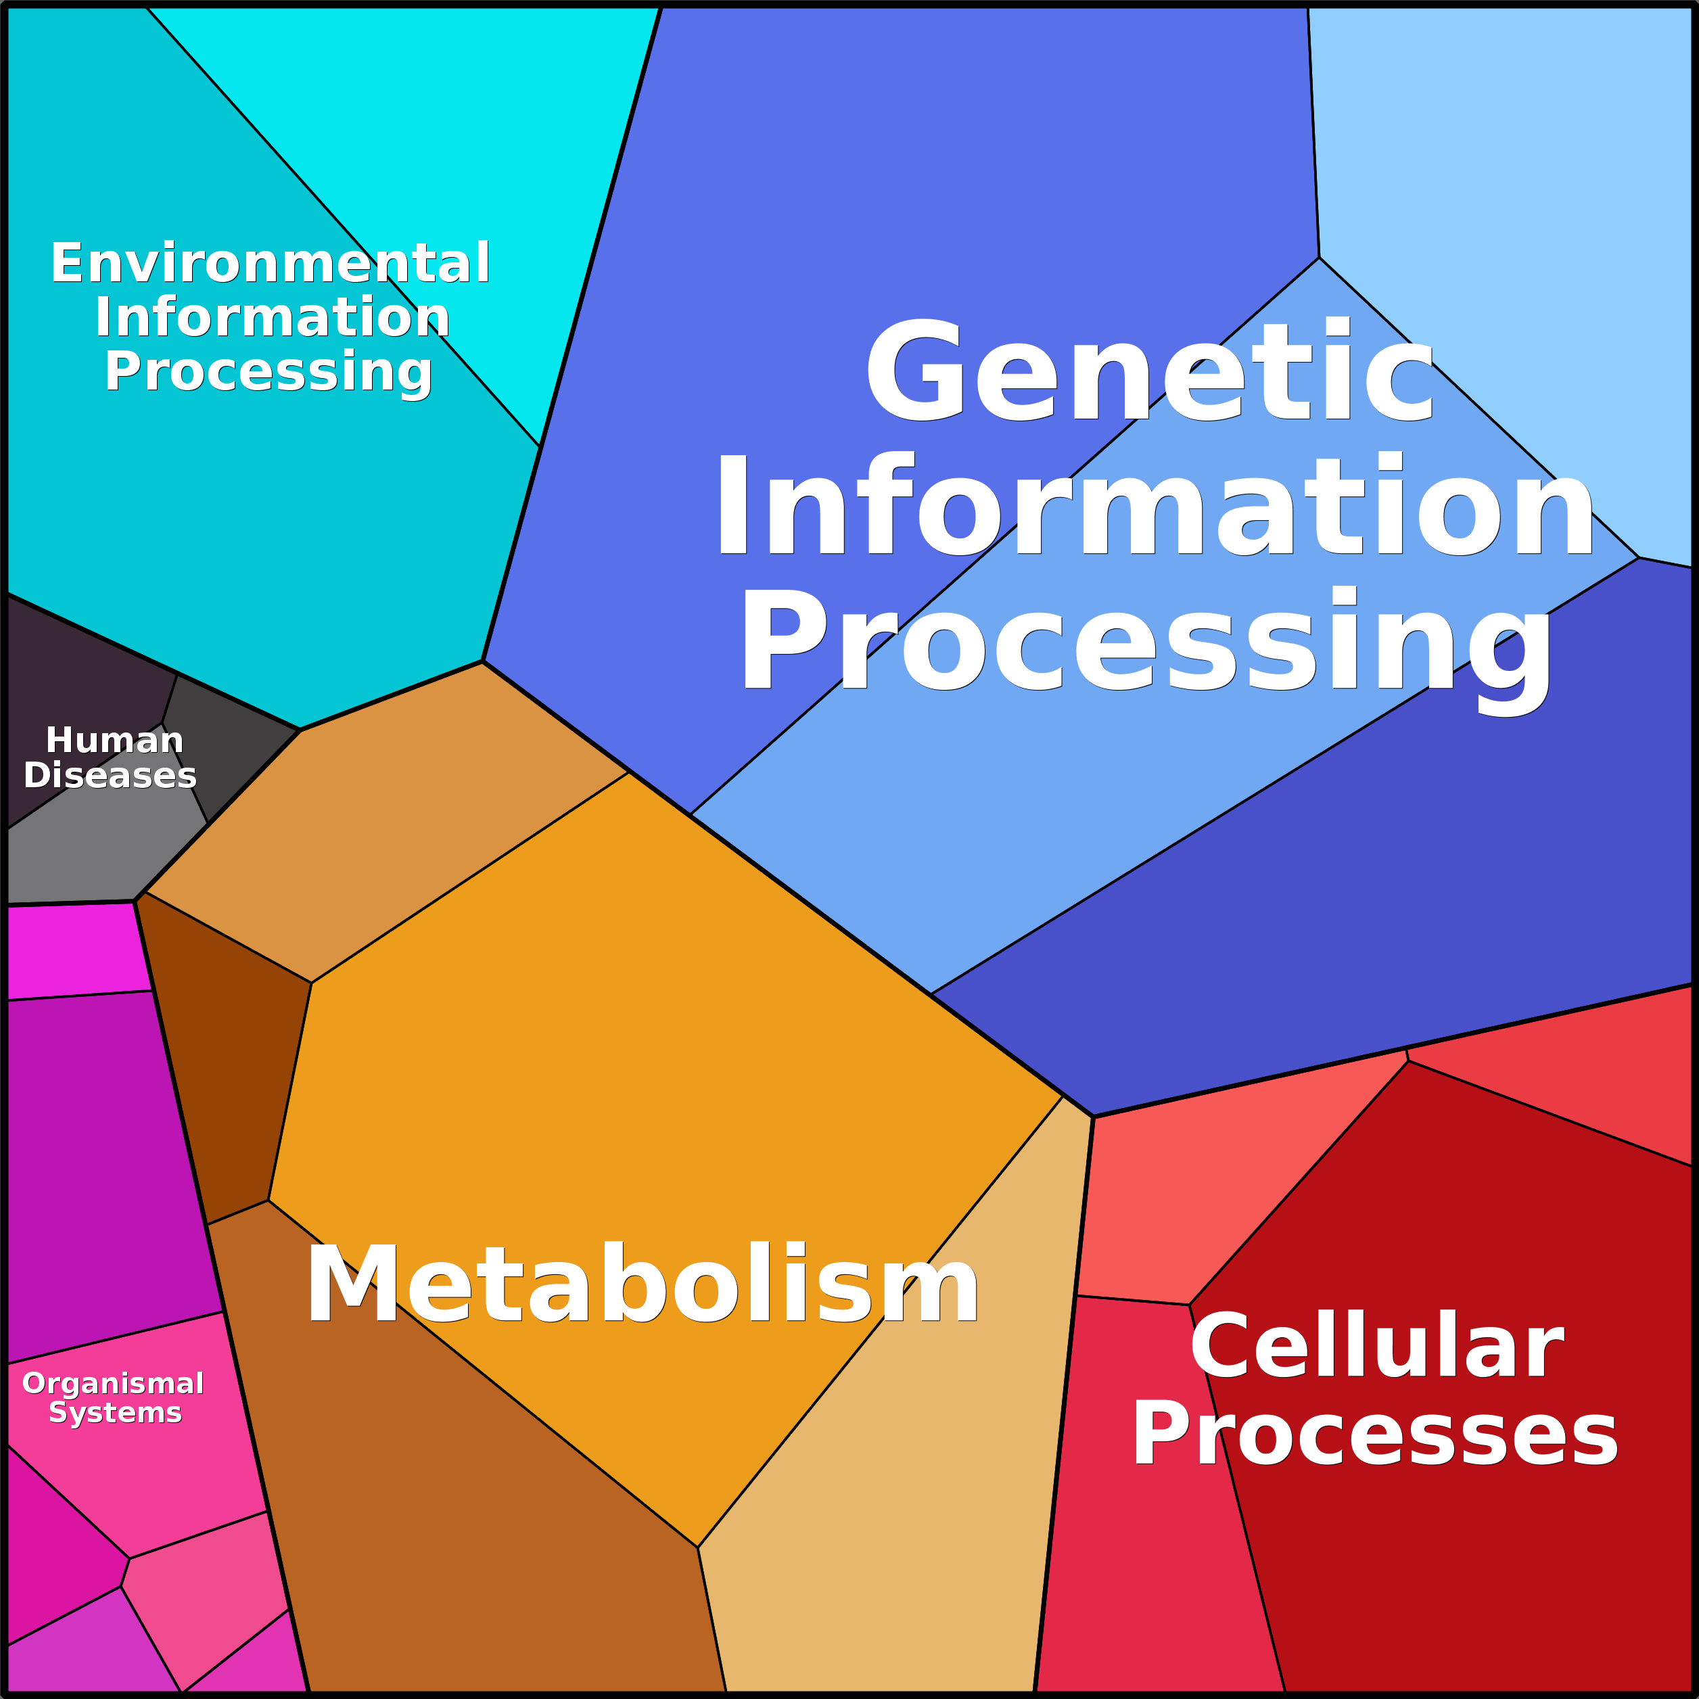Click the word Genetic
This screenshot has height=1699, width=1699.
1150,373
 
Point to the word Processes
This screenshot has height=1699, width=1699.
1374,1435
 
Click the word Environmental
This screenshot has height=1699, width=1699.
270,263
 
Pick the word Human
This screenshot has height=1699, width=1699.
114,741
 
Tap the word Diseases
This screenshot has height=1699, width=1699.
110,776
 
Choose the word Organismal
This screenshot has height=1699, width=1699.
114,1383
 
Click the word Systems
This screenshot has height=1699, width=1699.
115,1413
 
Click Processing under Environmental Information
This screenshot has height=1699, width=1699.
269,371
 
